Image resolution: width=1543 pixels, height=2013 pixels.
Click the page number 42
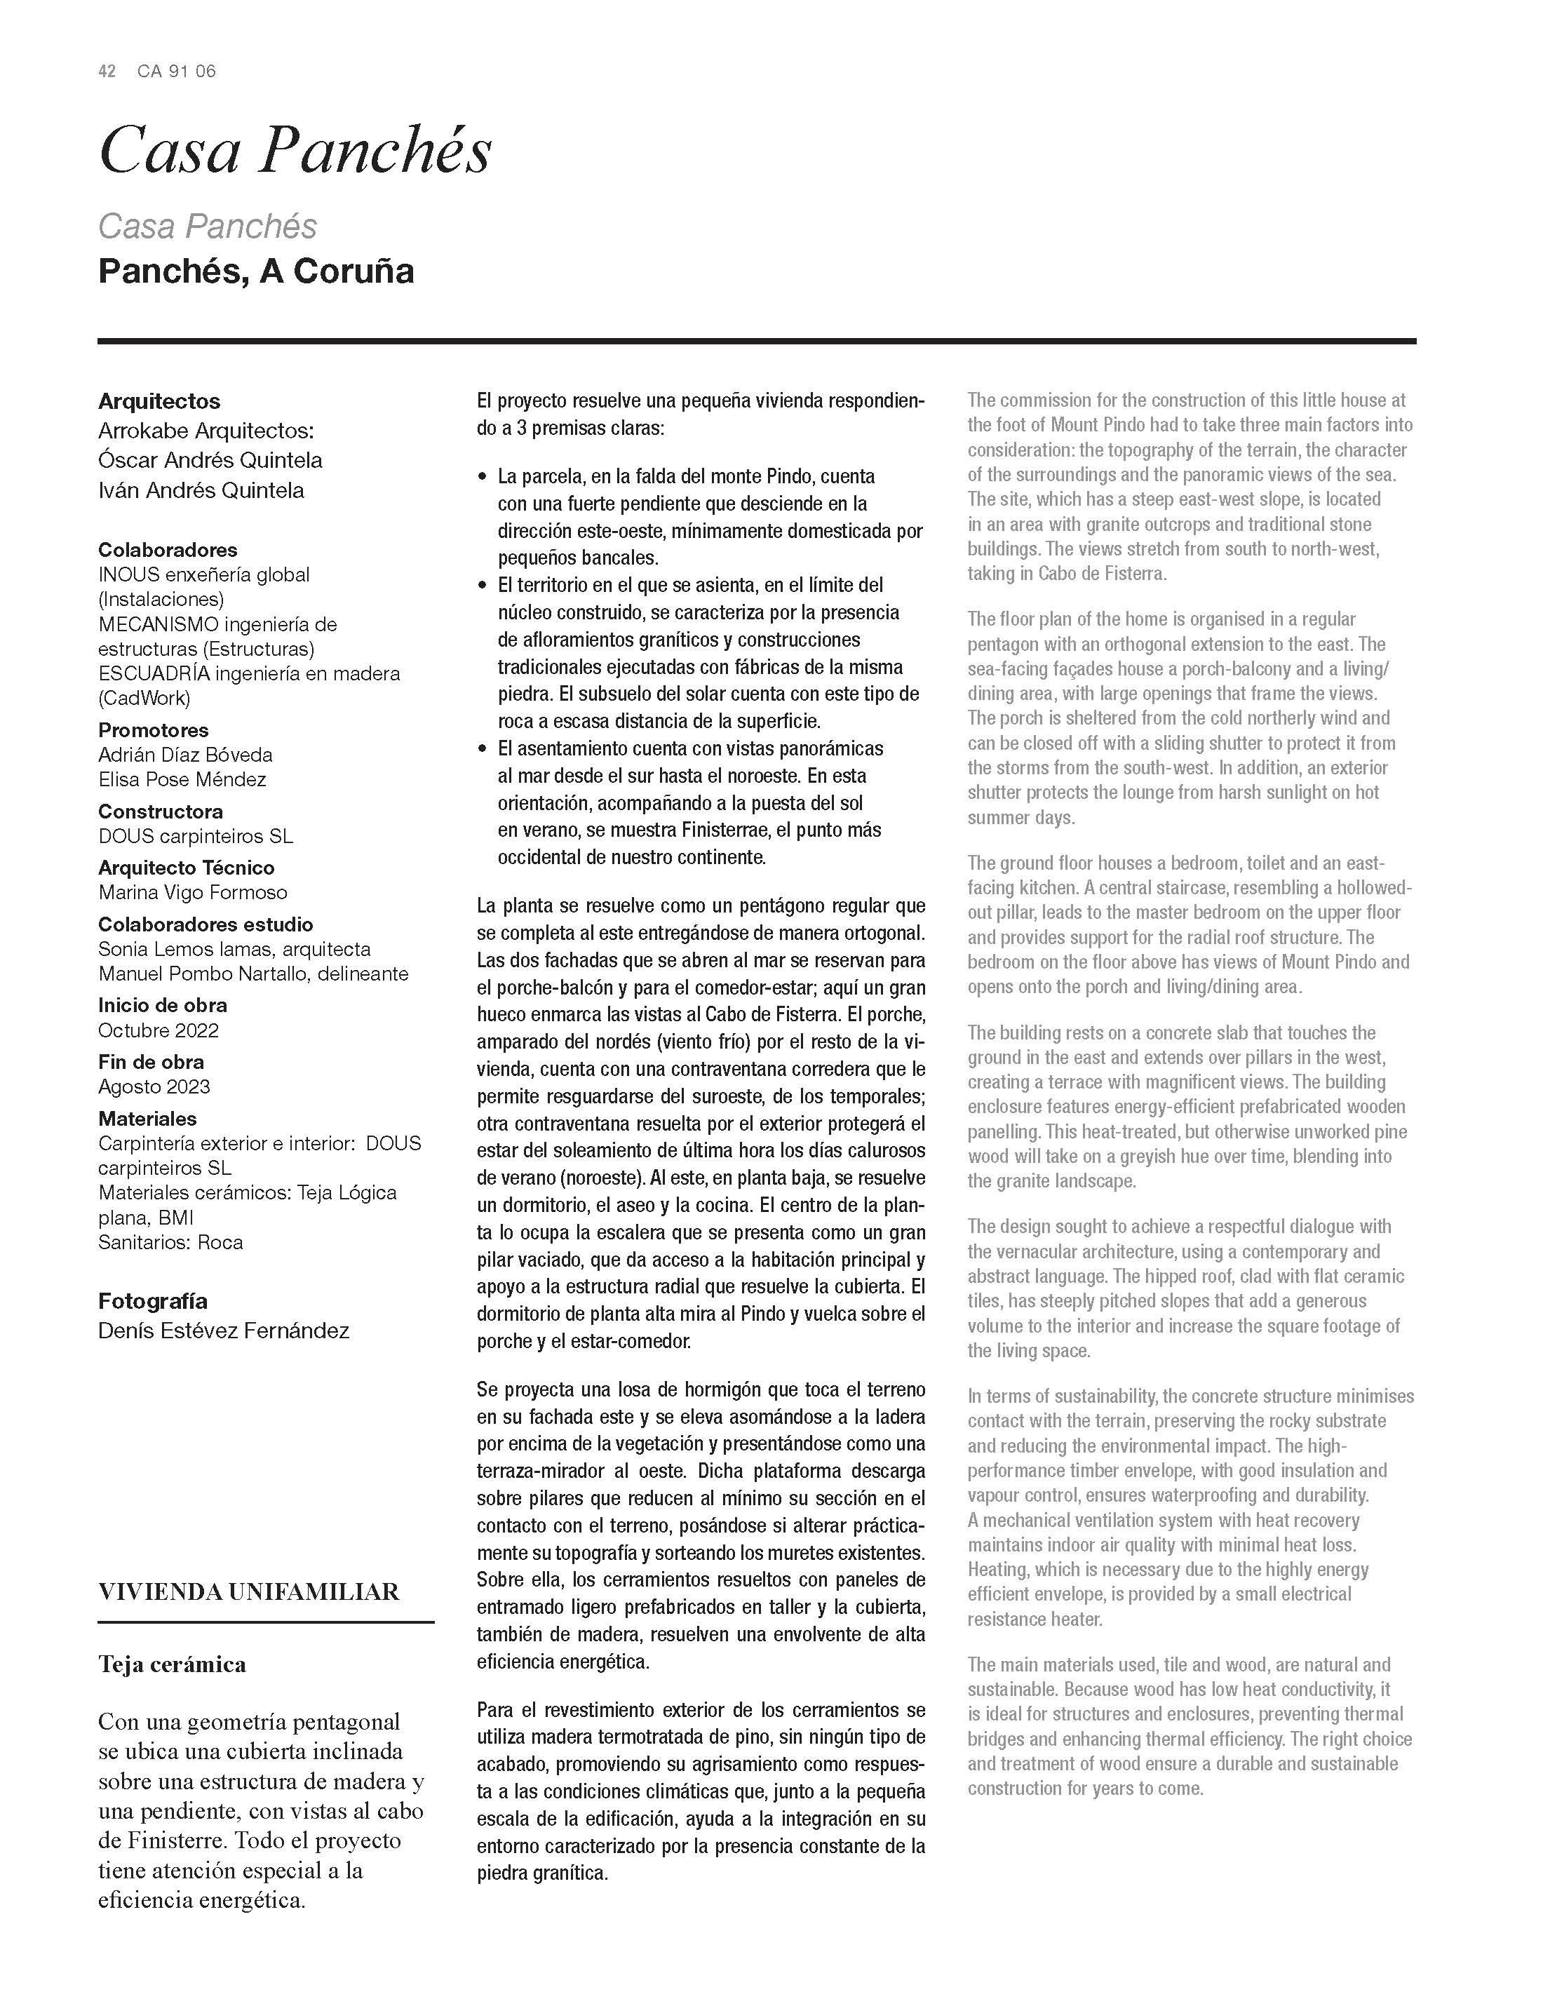[x=107, y=72]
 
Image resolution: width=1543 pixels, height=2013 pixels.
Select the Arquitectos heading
[x=159, y=401]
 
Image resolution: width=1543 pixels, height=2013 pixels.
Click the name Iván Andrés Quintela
[x=201, y=490]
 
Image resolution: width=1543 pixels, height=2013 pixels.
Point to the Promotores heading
[x=154, y=730]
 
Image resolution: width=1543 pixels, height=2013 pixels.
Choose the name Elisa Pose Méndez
[x=182, y=780]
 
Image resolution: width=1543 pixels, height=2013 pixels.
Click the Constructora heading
[x=161, y=812]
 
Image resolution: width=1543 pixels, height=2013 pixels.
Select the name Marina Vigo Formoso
[x=193, y=893]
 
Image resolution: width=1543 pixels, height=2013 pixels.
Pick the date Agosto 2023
[x=154, y=1087]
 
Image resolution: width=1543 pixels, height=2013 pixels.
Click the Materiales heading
[x=148, y=1119]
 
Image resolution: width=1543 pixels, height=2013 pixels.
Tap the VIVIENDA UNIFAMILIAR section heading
[x=249, y=1592]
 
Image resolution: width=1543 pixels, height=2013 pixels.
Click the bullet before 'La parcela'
[x=483, y=478]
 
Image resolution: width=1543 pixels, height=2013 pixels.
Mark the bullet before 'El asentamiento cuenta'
[x=483, y=749]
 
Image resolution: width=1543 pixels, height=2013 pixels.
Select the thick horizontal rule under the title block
[x=757, y=341]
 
